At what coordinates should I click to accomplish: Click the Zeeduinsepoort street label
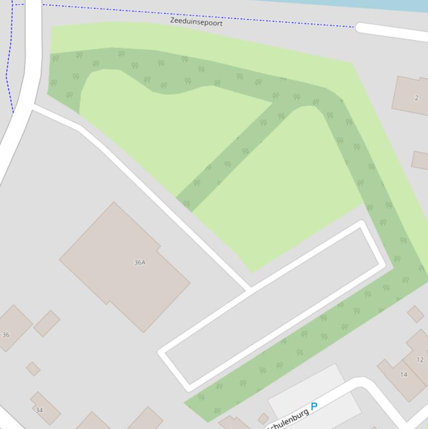(196, 22)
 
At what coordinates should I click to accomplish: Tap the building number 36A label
(140, 262)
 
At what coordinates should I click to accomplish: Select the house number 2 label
(416, 97)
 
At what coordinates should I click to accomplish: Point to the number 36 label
(6, 335)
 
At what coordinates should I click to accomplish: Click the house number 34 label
(39, 410)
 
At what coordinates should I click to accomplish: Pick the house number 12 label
(420, 359)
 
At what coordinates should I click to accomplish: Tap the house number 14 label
(404, 374)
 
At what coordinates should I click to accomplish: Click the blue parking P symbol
(314, 407)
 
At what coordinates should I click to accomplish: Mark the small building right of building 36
(47, 323)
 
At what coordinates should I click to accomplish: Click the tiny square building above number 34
(33, 368)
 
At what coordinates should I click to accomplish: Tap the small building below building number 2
(420, 160)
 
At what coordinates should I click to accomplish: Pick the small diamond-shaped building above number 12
(415, 314)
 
